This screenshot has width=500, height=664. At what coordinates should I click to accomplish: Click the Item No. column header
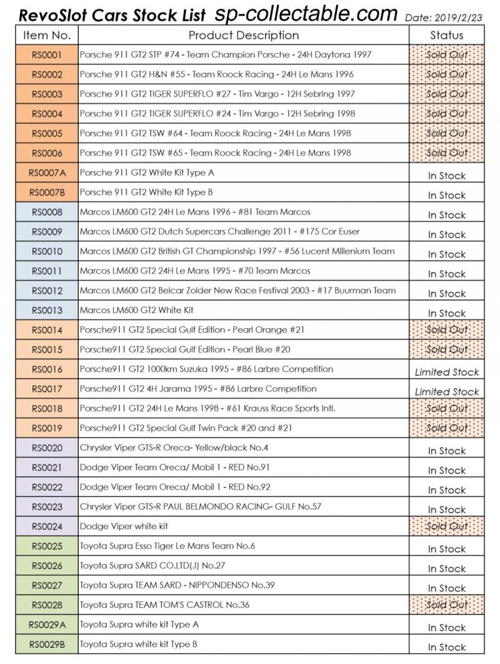(47, 35)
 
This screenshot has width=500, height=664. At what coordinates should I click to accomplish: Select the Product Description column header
(244, 35)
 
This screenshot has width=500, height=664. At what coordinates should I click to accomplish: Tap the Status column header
(446, 35)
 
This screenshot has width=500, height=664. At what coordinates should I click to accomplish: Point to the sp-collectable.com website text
(306, 14)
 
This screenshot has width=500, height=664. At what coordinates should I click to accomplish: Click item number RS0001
(47, 55)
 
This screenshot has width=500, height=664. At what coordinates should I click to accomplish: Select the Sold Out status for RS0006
(446, 153)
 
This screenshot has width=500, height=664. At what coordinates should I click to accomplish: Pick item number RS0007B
(47, 193)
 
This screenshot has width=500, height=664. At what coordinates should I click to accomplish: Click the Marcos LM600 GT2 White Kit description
(137, 310)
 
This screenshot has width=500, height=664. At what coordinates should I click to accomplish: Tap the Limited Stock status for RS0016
(446, 372)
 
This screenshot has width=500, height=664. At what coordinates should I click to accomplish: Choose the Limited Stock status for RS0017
(446, 392)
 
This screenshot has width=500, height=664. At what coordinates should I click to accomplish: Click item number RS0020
(47, 448)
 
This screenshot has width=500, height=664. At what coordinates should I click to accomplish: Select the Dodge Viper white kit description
(124, 526)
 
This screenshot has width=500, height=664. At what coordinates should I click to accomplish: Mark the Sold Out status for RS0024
(446, 526)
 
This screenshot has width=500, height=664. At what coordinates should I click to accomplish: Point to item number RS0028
(47, 605)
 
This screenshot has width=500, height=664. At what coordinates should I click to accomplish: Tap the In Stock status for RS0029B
(446, 647)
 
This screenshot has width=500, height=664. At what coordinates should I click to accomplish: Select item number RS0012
(47, 291)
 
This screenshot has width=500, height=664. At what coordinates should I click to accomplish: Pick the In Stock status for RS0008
(446, 215)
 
